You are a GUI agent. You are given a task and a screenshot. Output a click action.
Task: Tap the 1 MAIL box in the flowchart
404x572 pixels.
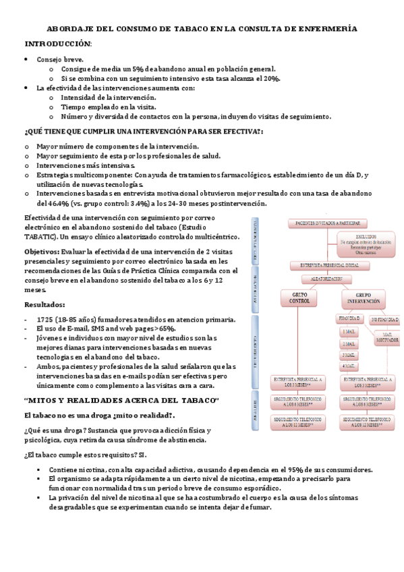(x=349, y=332)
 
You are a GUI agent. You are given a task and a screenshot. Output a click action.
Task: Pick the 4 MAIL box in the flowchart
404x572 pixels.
(x=349, y=366)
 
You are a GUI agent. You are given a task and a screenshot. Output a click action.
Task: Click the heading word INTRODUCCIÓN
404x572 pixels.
(x=57, y=43)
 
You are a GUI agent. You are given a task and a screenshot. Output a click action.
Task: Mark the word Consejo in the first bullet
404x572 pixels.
(x=51, y=59)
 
